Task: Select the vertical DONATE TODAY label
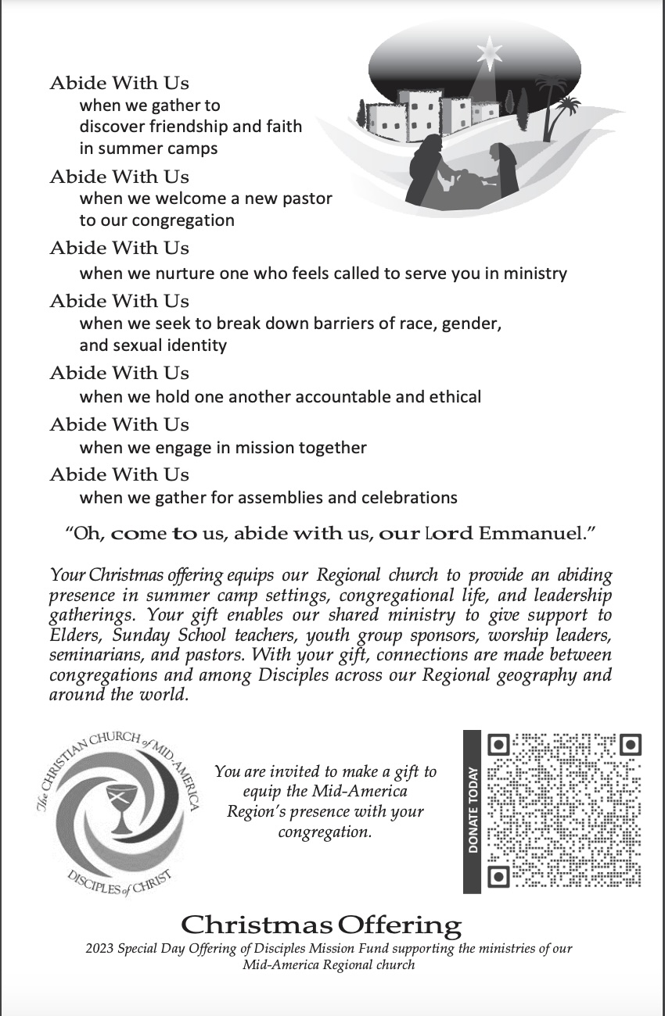click(473, 810)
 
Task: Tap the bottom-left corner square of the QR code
click(499, 876)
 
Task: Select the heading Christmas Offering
click(322, 925)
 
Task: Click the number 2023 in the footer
click(99, 949)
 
